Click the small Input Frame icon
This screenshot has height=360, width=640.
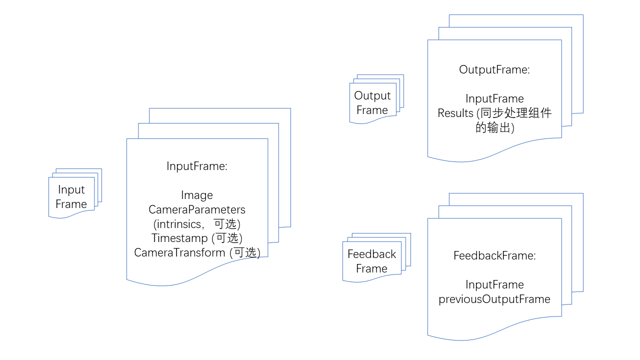point(71,197)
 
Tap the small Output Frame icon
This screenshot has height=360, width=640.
point(372,103)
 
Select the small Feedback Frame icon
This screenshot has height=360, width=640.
point(372,261)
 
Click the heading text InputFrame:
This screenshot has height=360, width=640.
point(197,166)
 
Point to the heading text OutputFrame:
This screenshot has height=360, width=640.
point(494,70)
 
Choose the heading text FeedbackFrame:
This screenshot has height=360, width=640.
point(494,256)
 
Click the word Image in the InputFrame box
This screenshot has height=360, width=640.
point(197,195)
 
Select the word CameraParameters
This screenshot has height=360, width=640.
point(197,209)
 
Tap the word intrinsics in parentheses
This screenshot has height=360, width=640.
point(179,224)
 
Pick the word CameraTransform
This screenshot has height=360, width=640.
point(179,252)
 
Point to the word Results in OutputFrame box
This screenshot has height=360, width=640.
point(455,113)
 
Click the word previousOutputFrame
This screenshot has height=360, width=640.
point(494,299)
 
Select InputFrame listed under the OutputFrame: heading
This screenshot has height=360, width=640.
point(494,99)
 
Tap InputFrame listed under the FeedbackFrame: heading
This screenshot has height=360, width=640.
point(494,285)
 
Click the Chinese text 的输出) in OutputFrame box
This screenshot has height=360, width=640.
point(494,128)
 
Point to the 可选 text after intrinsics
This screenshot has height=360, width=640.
point(225,224)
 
